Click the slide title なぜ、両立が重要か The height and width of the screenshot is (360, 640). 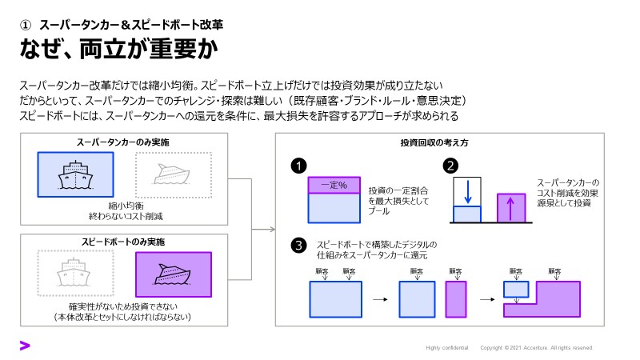119,50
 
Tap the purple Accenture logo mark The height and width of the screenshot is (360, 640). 25,346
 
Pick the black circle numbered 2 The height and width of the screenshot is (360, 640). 450,166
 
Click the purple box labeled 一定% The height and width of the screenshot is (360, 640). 331,186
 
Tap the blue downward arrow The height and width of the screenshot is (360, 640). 468,192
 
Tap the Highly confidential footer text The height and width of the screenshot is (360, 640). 446,348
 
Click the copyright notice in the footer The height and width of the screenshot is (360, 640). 536,348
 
